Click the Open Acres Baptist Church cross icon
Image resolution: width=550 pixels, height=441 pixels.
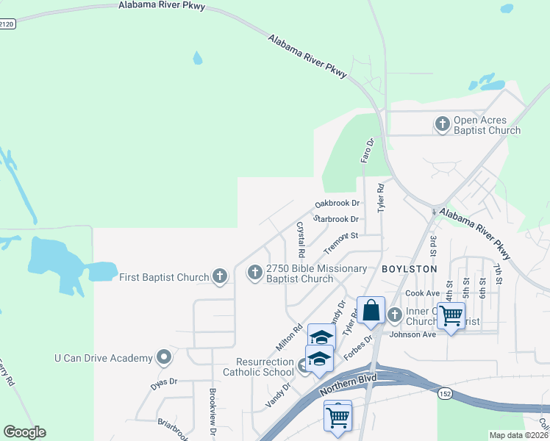point(443,123)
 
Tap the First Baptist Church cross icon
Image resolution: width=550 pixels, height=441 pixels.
point(219,276)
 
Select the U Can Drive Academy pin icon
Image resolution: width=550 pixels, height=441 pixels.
point(163,358)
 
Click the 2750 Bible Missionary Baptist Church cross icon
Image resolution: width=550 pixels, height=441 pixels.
point(255,273)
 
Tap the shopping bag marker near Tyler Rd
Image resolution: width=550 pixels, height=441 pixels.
point(371,310)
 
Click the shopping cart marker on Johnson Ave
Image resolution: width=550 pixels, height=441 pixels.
point(451,316)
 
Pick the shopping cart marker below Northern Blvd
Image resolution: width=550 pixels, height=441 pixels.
point(337,417)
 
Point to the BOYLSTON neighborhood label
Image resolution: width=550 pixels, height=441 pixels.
point(410,269)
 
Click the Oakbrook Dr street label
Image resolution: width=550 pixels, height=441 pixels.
point(337,204)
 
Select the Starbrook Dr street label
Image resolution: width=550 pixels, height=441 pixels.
point(335,219)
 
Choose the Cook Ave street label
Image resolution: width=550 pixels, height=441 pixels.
point(421,292)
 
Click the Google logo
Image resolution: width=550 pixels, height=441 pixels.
point(24,432)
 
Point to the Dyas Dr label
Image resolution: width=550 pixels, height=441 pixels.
point(165,382)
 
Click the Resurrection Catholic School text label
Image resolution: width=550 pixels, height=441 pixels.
point(265,367)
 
